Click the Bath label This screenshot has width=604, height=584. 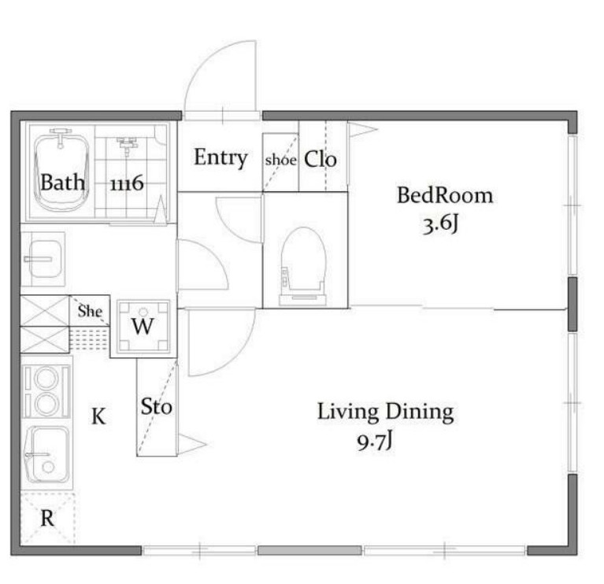click(x=62, y=182)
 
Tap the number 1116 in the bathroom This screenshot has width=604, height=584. click(x=127, y=183)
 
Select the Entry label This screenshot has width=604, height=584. click(x=220, y=157)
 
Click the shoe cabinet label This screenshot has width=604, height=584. click(x=281, y=159)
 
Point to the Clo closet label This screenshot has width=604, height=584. click(x=321, y=159)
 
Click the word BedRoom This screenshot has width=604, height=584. click(x=445, y=195)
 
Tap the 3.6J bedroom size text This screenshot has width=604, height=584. click(x=441, y=224)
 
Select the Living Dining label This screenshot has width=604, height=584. click(x=386, y=412)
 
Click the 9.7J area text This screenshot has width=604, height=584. click(x=374, y=442)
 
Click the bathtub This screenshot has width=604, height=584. click(x=61, y=172)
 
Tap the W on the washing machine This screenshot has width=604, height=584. click(x=143, y=327)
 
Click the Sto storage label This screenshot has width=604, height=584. click(x=157, y=407)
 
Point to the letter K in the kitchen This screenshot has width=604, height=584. click(x=98, y=416)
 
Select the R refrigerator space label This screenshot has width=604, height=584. click(x=47, y=518)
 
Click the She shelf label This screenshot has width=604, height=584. click(x=90, y=311)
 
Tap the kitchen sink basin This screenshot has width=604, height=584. click(x=46, y=454)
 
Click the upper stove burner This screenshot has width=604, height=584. click(x=46, y=378)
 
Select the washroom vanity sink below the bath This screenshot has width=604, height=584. click(x=43, y=259)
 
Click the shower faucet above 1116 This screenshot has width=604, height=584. click(x=126, y=144)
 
